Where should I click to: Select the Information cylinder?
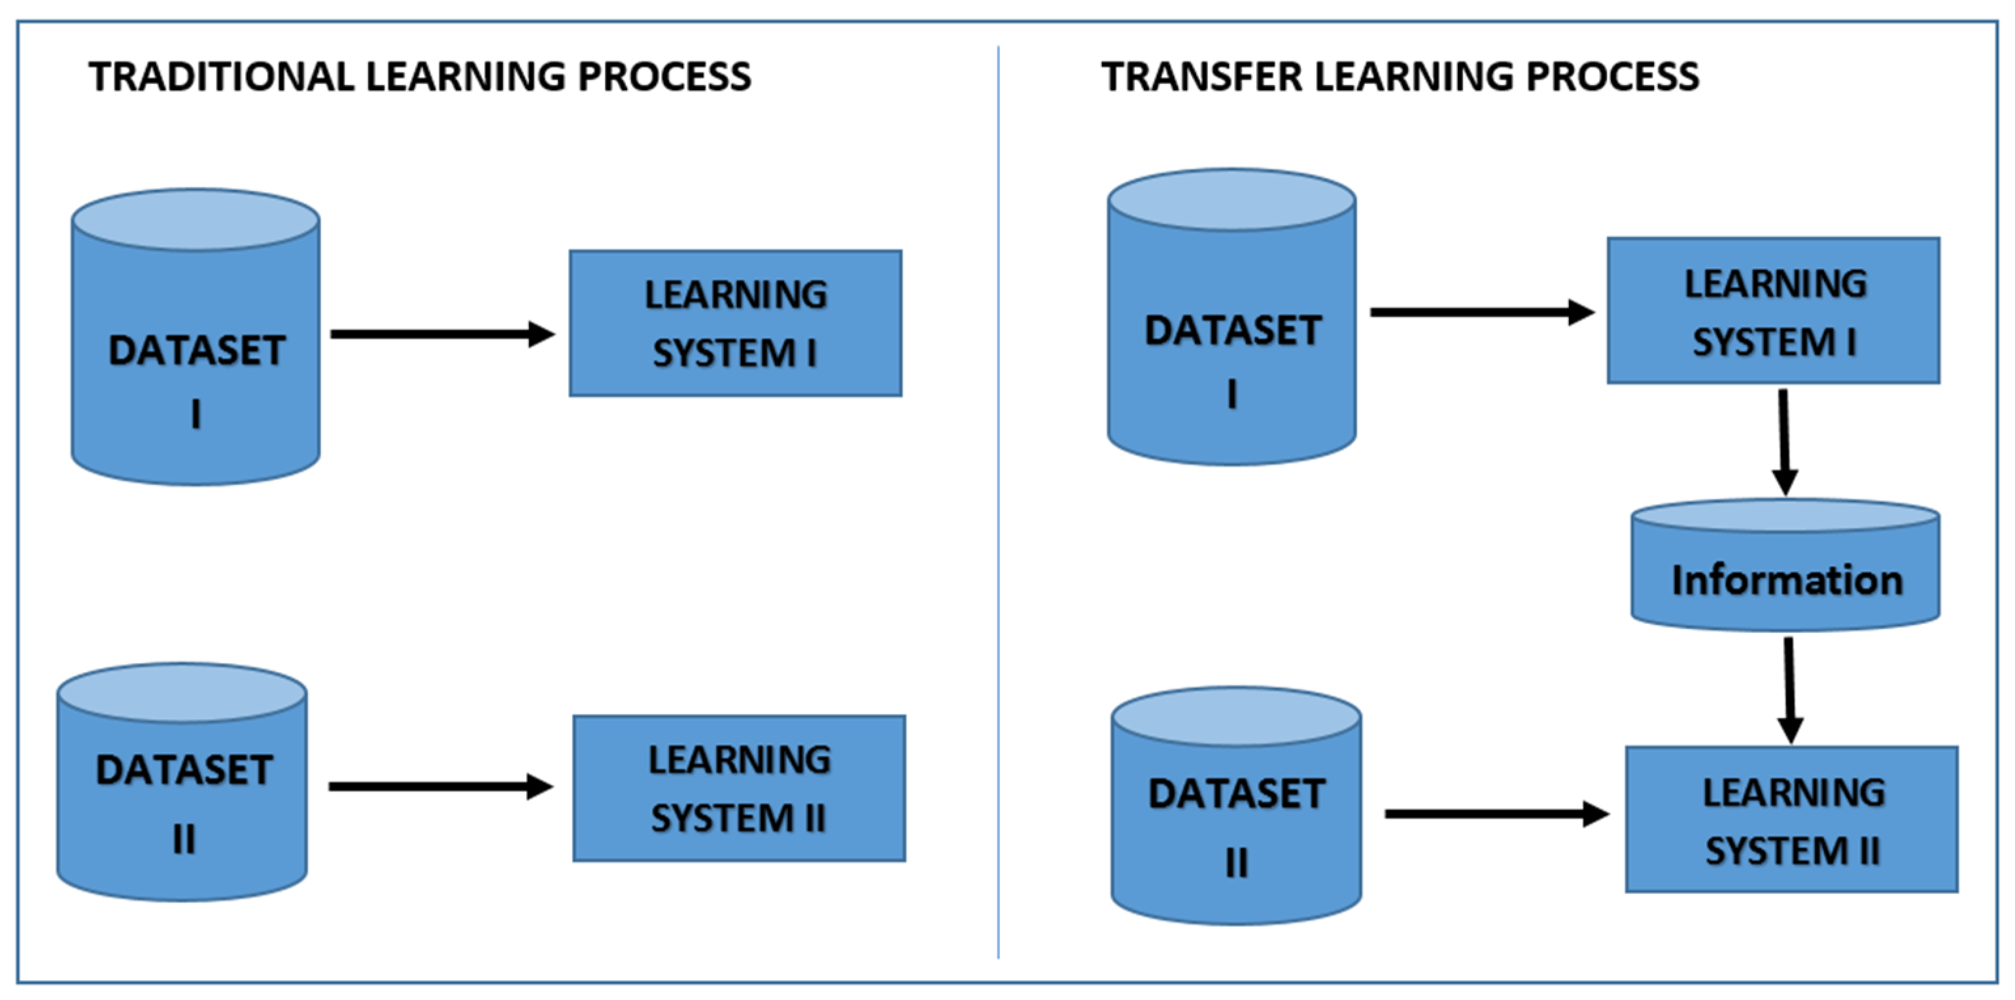[1786, 580]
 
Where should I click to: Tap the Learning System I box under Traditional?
[735, 323]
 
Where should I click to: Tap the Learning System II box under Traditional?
[739, 788]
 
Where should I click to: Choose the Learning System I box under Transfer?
[1773, 311]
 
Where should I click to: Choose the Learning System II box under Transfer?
[1791, 819]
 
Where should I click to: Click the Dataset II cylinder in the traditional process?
[182, 791]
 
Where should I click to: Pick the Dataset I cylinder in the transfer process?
[1232, 329]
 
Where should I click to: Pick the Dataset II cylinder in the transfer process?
[1236, 813]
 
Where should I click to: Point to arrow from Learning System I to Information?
[1784, 442]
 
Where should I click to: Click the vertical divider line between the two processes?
[998, 501]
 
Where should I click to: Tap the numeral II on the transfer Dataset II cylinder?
[1236, 863]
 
